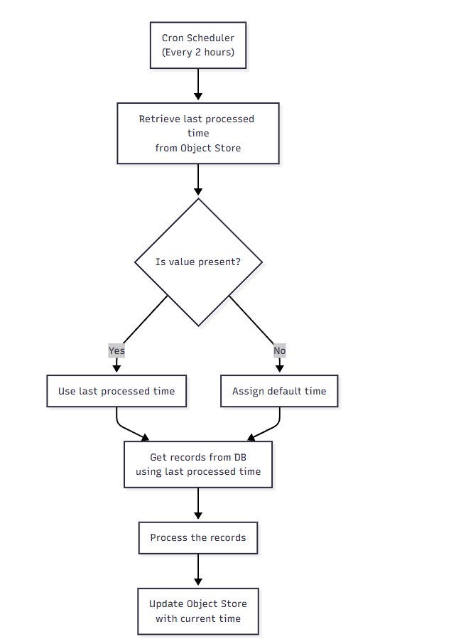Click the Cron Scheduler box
tap(198, 45)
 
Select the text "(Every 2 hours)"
tap(198, 52)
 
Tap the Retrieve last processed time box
tap(198, 134)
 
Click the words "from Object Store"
tap(198, 148)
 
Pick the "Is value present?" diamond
tap(198, 262)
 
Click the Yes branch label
tap(116, 350)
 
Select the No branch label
tap(280, 350)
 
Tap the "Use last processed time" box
tap(116, 391)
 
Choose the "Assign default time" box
tap(280, 391)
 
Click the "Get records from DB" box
tap(198, 464)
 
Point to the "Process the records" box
tap(198, 537)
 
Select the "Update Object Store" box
tap(198, 611)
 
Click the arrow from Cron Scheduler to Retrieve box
tap(198, 85)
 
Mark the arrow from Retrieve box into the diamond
tap(198, 181)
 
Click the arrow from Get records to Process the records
tap(198, 505)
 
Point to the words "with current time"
tap(198, 618)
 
